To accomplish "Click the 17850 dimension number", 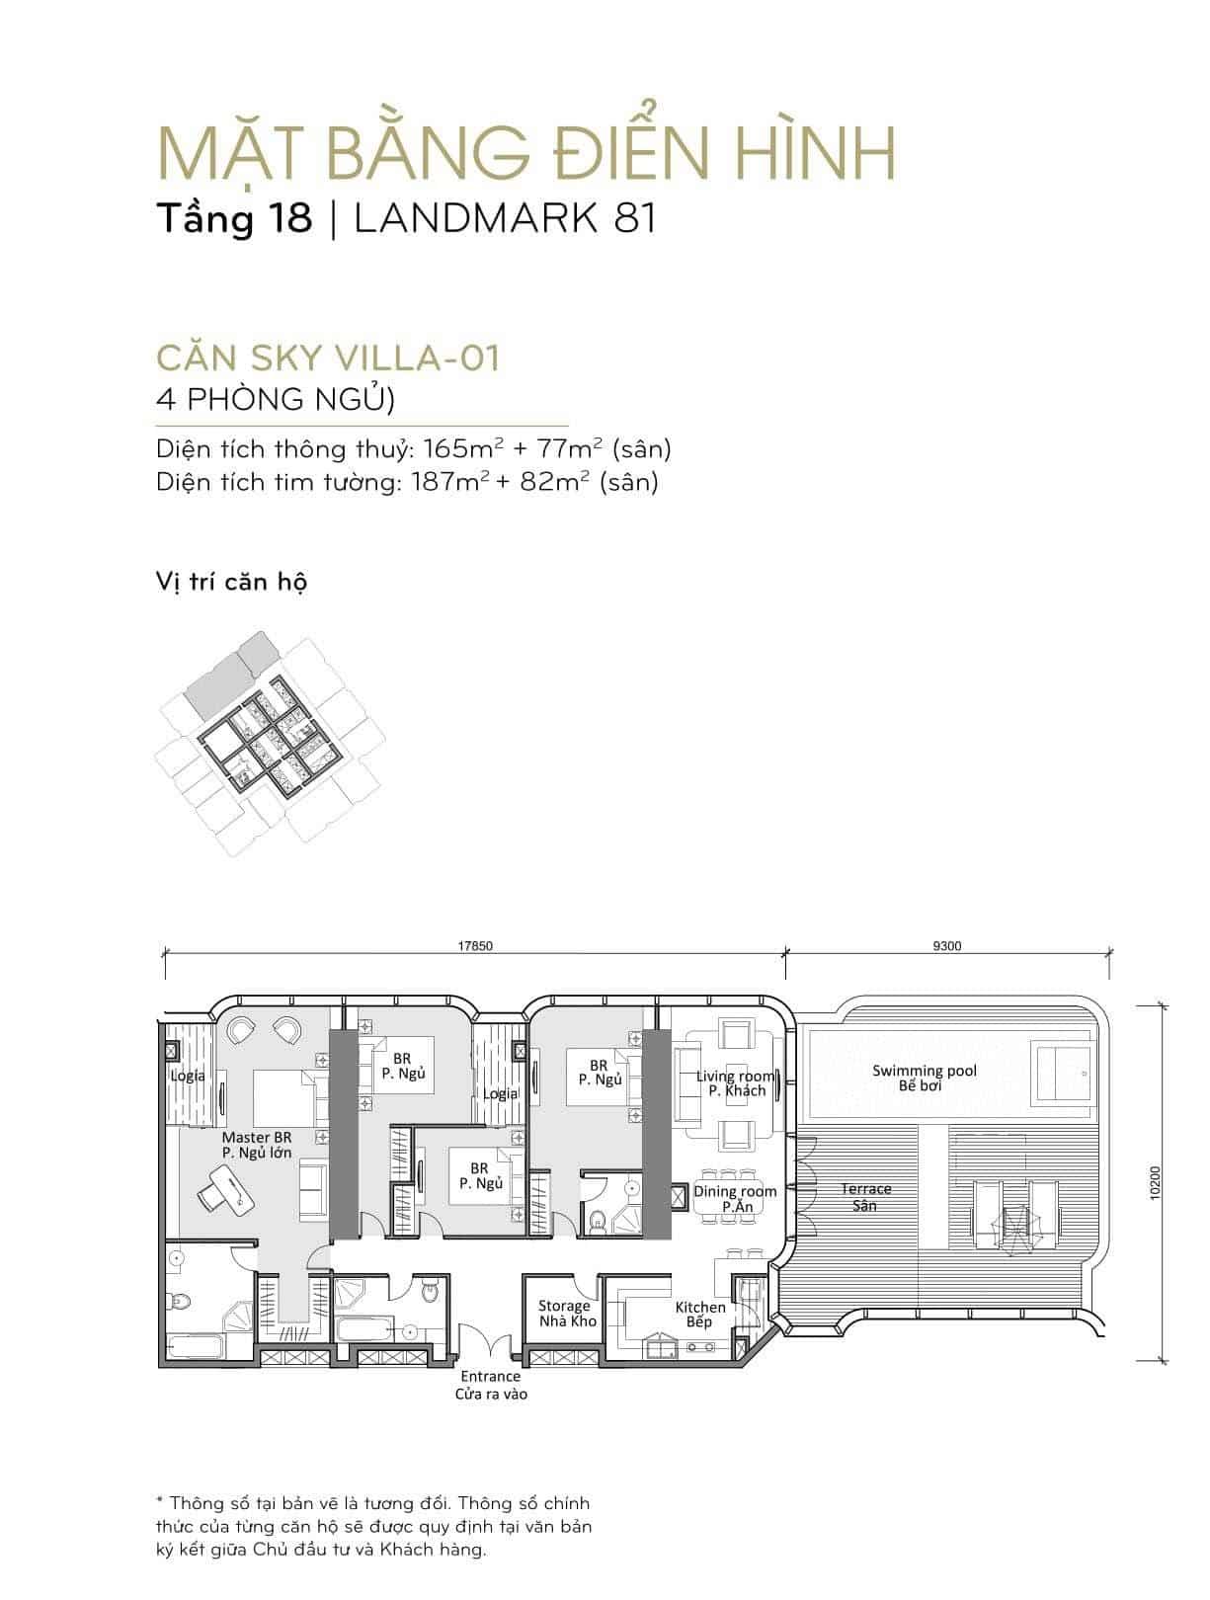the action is (x=475, y=946).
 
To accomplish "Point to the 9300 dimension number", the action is (x=947, y=946).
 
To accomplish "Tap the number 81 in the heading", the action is (x=634, y=218).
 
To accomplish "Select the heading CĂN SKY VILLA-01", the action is (x=328, y=358).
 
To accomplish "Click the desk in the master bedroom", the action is (x=224, y=1189).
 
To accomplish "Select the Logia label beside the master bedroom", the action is (x=188, y=1076).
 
